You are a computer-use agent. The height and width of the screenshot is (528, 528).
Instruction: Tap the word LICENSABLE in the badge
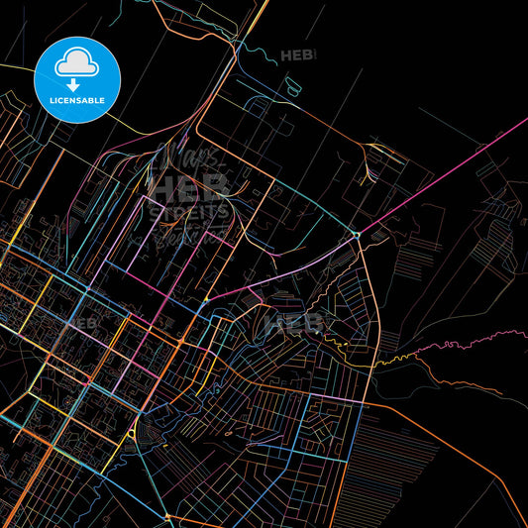tap(77, 100)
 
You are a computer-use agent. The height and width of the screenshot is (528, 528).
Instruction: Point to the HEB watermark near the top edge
tap(297, 55)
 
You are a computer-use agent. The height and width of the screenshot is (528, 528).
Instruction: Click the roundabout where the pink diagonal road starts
tap(356, 235)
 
